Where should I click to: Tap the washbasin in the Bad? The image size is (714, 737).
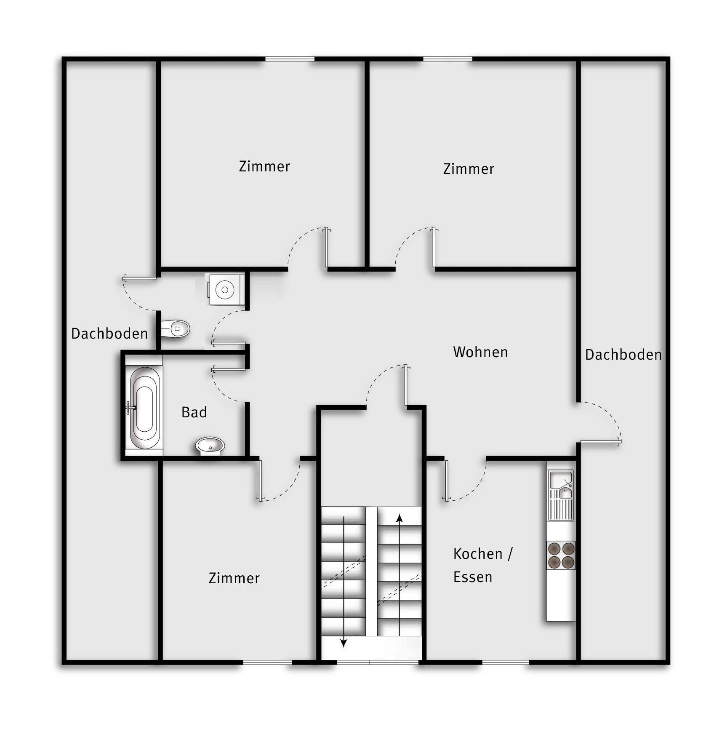point(210,446)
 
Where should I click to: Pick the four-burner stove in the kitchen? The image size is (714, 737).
point(561,555)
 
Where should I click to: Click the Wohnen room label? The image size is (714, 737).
point(480,352)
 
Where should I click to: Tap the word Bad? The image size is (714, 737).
point(194,412)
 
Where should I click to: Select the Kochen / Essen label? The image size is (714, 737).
point(483,565)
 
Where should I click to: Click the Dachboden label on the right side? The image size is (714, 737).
point(623,355)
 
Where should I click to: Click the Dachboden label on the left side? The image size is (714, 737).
point(109,334)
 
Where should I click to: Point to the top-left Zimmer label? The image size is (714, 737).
point(264,166)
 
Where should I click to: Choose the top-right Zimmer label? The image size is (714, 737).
point(469,169)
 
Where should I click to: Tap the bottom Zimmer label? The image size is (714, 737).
point(234,578)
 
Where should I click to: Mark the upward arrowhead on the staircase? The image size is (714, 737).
point(400,518)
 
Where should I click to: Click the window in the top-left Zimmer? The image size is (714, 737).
point(290,59)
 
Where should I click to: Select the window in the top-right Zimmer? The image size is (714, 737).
point(448,59)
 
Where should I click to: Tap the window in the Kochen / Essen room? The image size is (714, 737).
point(505,662)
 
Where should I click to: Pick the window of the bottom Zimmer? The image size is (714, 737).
point(268,662)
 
